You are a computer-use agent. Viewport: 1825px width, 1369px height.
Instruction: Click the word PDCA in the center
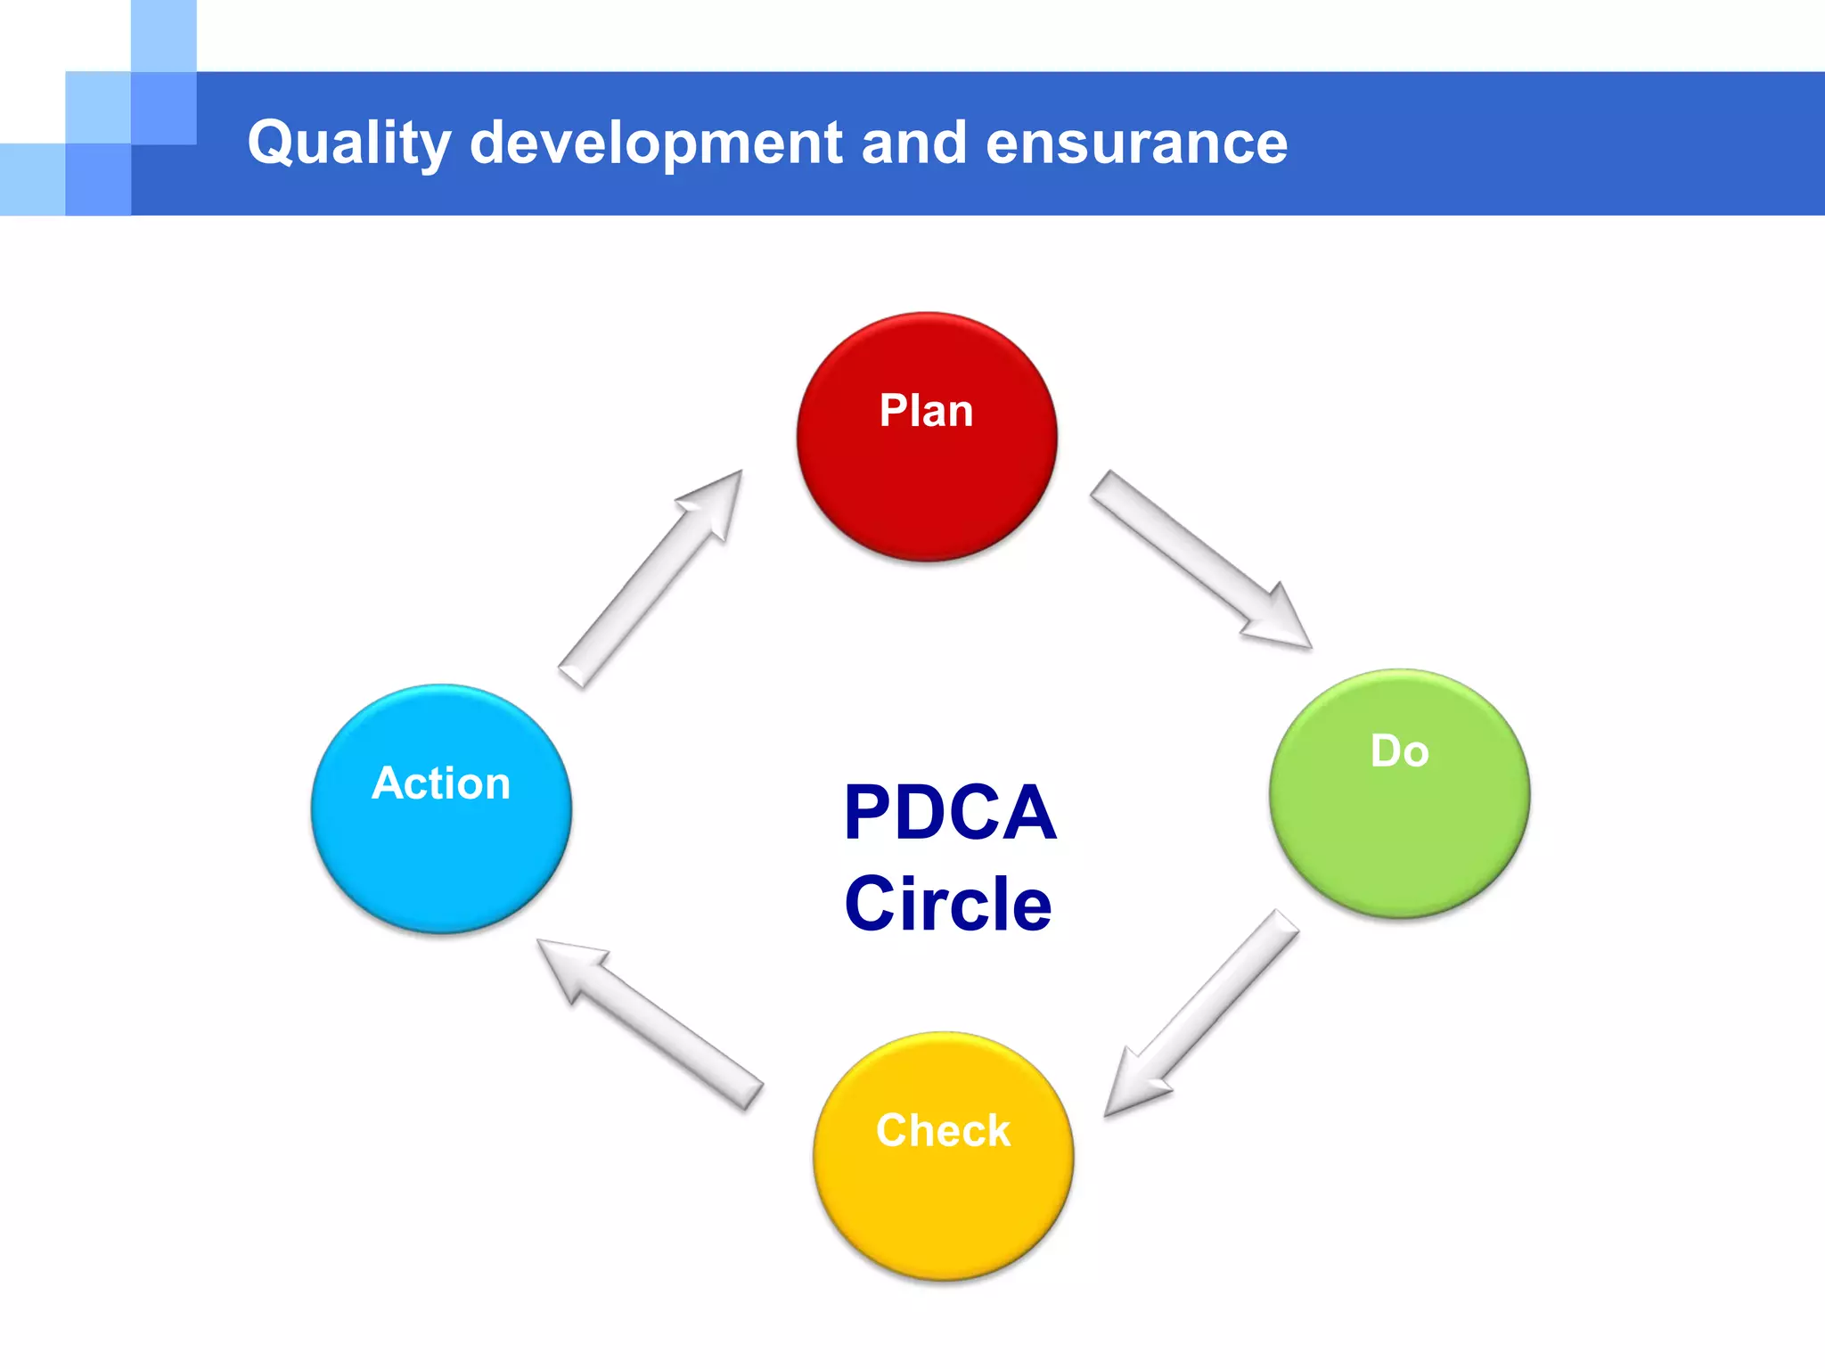pos(950,812)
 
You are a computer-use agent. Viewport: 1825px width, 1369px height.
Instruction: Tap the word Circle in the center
pos(948,904)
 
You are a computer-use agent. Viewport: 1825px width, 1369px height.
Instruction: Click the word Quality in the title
pos(348,143)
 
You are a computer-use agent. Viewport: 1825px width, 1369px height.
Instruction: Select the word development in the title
pos(655,143)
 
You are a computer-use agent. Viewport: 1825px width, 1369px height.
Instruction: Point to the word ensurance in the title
pos(1136,143)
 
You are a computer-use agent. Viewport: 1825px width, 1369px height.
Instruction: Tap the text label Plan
pos(926,411)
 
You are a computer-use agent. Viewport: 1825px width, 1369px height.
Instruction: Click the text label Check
pos(943,1130)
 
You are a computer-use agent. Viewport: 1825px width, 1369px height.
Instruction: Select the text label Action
pos(441,783)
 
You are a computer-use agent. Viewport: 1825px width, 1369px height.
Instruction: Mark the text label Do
pos(1399,750)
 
